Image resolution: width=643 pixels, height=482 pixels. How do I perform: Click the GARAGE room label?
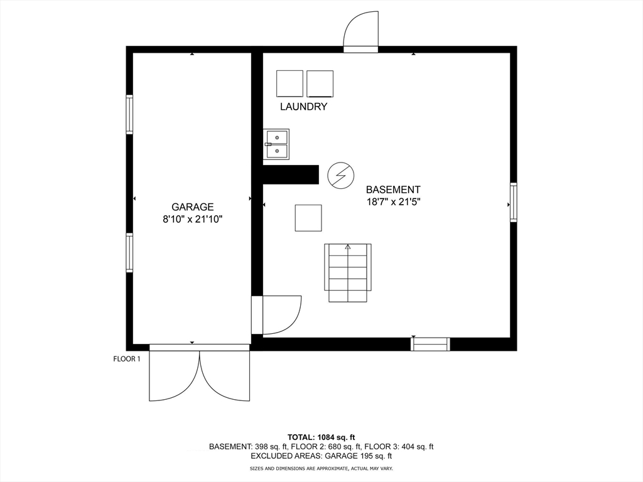pos(193,206)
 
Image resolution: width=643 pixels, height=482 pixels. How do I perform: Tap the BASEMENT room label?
pos(393,190)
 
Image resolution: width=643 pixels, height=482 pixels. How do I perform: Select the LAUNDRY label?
pos(303,107)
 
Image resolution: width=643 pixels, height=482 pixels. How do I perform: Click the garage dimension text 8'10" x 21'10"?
pos(193,219)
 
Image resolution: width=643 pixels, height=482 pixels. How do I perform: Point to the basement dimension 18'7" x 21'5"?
pos(393,202)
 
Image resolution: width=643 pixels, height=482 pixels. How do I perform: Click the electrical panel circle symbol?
pos(341,175)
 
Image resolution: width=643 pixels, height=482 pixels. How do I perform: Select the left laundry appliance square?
pos(289,83)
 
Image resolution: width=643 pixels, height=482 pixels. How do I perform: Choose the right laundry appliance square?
pos(320,83)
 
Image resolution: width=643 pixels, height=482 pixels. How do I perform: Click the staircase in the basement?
pos(348,272)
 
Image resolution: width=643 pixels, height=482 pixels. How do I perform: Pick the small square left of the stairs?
pos(308,218)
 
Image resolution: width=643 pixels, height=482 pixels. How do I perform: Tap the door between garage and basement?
pos(276,314)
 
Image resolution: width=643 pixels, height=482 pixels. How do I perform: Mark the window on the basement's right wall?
pos(514,202)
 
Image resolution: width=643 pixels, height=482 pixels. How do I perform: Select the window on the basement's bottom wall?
pos(430,344)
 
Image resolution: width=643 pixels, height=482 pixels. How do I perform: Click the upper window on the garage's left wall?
pos(129,114)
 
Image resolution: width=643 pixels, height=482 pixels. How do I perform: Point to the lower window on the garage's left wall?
pos(129,252)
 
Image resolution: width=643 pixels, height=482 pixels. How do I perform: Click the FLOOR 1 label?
pos(127,359)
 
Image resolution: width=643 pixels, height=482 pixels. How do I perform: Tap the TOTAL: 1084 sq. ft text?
pos(321,437)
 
